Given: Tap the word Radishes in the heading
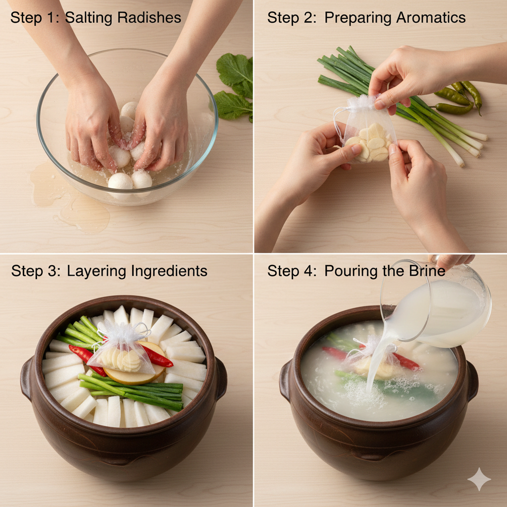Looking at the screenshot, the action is click(149, 17).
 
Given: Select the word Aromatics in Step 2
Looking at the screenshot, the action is click(431, 17).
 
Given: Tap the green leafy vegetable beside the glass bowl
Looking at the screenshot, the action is click(234, 87).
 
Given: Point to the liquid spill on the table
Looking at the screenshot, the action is click(69, 197).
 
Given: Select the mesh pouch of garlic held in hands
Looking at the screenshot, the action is click(367, 129).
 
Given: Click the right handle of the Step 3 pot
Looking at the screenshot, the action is click(221, 379).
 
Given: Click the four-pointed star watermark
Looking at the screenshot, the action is click(479, 479).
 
